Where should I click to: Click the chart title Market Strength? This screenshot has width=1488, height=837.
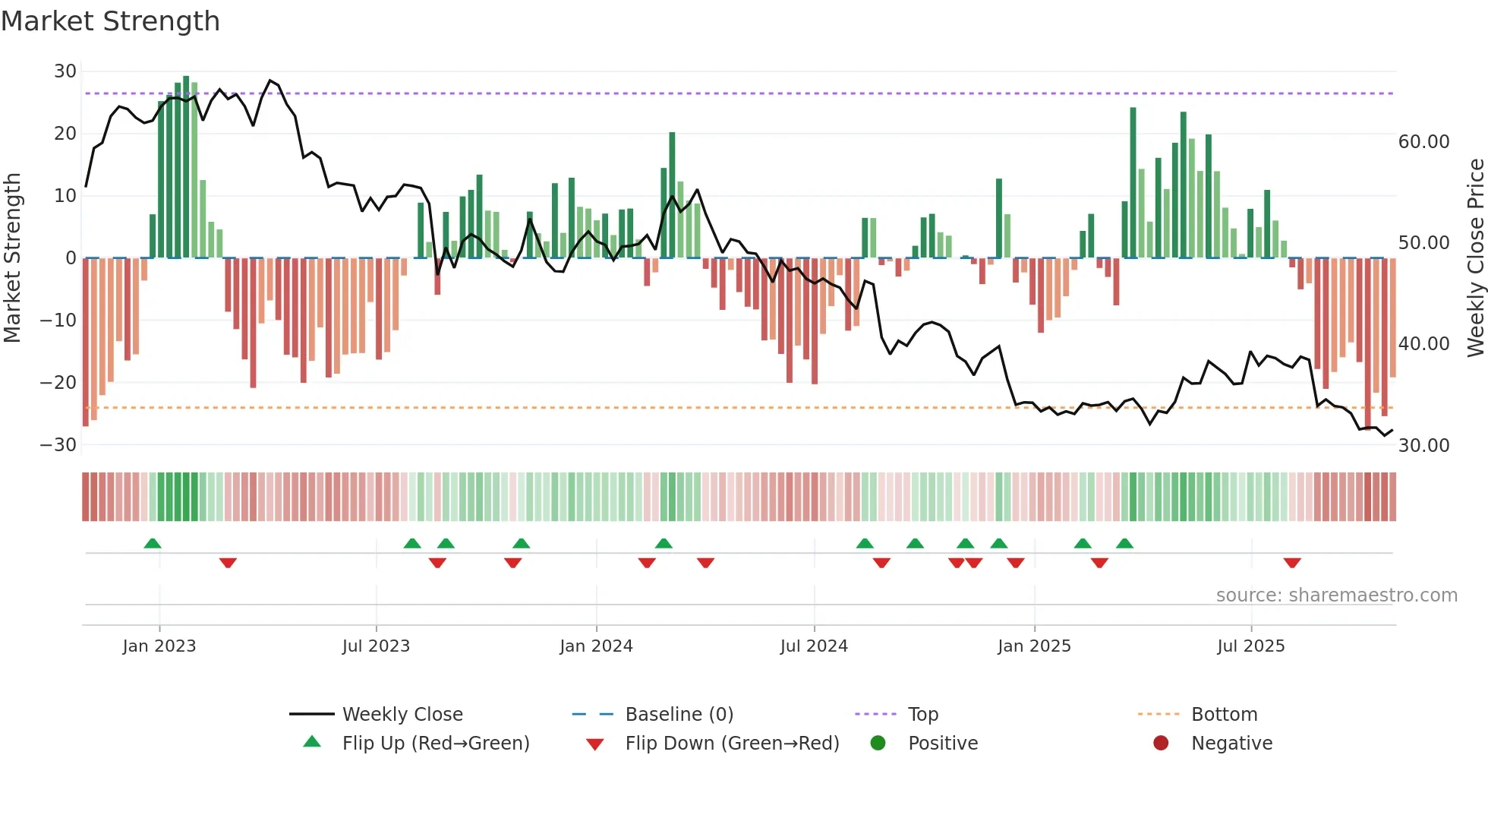point(110,21)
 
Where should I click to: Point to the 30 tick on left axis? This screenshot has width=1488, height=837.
point(65,71)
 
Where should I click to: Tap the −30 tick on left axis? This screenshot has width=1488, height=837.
point(58,445)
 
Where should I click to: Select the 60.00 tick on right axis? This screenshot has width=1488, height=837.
point(1423,142)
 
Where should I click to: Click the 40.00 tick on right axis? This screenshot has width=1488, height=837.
point(1423,344)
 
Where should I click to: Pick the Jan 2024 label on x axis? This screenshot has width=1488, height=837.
point(596,646)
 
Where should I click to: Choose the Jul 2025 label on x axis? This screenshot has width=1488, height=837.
point(1250,646)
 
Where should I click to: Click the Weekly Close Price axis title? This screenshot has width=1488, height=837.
point(1475,258)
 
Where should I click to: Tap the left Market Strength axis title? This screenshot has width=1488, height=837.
point(12,258)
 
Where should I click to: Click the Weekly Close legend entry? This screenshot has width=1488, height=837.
point(402,715)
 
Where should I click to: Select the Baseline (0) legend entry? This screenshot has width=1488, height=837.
point(679,715)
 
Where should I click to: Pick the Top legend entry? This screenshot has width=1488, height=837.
point(922,715)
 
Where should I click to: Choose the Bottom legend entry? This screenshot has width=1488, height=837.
point(1224,715)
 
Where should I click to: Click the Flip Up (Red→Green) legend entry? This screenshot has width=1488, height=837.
point(435,744)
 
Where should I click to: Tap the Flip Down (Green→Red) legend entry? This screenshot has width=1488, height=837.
point(732,744)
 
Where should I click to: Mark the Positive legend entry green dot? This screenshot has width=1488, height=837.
point(878,744)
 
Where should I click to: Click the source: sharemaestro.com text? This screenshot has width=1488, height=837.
point(1336,595)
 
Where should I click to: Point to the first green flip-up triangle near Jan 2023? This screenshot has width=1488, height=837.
point(153,544)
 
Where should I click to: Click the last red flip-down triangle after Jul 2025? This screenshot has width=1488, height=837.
point(1292,563)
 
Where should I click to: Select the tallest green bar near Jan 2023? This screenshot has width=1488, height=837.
point(186,167)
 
